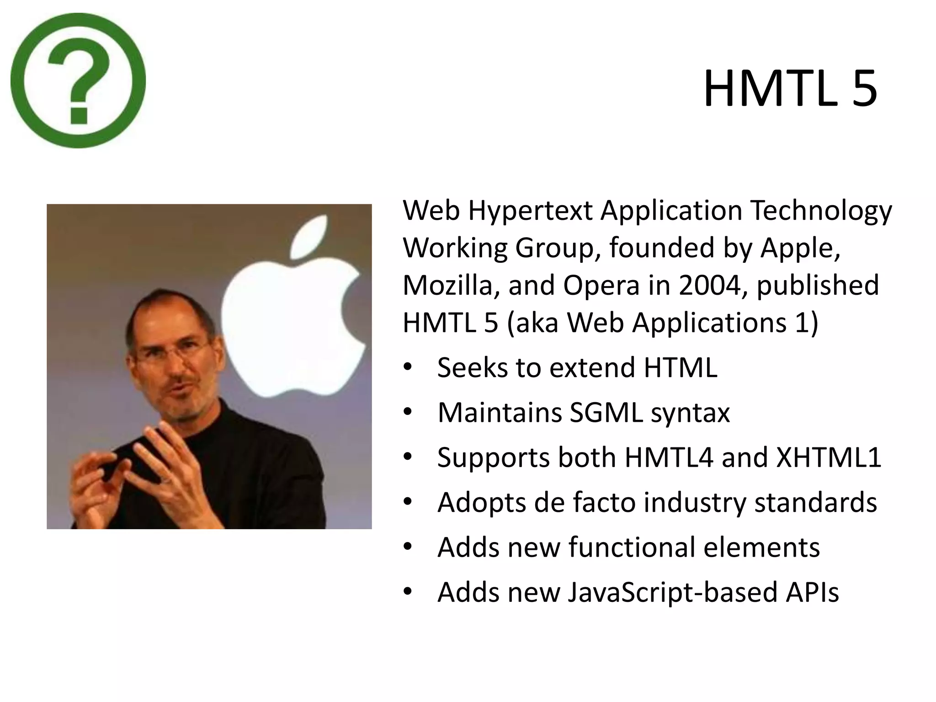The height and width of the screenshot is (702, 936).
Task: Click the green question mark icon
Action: point(78,80)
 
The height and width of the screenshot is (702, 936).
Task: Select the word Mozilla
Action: point(451,285)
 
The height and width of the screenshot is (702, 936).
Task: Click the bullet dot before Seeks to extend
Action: point(408,367)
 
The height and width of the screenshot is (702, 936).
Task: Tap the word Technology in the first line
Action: point(821,211)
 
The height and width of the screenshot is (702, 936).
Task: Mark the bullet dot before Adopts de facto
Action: point(408,502)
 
